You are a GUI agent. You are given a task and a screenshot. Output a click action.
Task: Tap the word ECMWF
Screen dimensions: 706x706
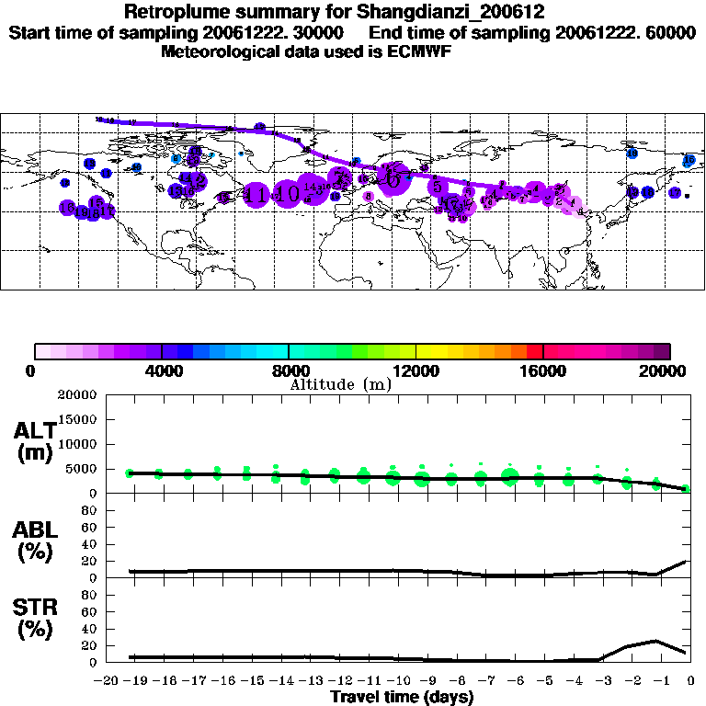[x=420, y=51]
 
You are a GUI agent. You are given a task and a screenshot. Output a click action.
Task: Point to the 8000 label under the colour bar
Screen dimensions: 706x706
[x=289, y=370]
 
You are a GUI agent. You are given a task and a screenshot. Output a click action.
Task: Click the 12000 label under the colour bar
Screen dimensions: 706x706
[x=416, y=370]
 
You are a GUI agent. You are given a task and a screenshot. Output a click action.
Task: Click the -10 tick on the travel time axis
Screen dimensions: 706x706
[x=395, y=681]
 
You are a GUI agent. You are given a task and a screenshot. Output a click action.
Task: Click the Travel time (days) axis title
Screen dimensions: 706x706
[x=402, y=698]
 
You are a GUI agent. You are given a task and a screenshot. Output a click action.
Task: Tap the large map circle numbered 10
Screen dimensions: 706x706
[x=287, y=194]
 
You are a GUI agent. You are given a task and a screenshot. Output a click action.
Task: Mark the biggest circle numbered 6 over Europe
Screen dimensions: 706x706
[x=393, y=179]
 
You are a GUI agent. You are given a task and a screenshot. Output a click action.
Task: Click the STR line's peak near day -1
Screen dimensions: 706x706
[x=655, y=641]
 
